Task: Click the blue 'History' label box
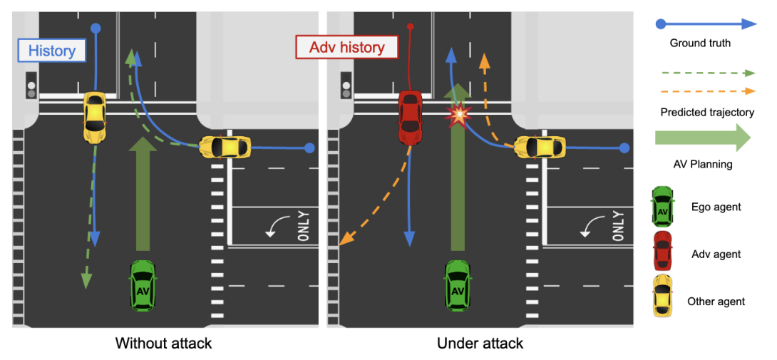(52, 51)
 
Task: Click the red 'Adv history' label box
(347, 48)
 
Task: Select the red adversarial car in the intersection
(411, 116)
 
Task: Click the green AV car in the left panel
(143, 284)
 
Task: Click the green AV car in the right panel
(458, 284)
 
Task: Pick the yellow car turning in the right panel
(540, 147)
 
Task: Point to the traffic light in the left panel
(31, 85)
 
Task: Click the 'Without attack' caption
(163, 344)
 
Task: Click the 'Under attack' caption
(480, 344)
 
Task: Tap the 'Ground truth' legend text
(700, 43)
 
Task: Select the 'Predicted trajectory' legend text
(706, 112)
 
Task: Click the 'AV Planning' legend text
(701, 164)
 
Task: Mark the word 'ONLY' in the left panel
(304, 226)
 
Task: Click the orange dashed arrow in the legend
(706, 91)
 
